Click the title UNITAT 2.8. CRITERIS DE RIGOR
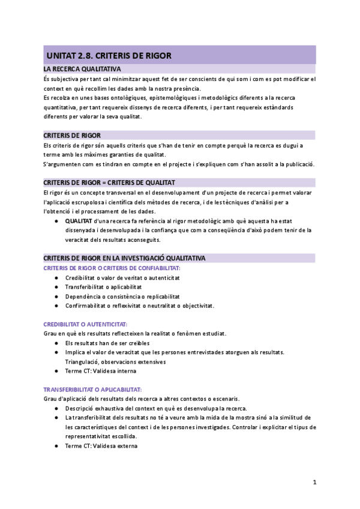coord(109,56)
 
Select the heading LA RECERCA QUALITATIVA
coord(82,70)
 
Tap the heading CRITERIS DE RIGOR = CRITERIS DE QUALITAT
coord(109,182)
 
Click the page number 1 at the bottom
coord(314,482)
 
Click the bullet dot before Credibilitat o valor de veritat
coord(56,278)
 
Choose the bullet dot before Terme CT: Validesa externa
coord(56,446)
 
